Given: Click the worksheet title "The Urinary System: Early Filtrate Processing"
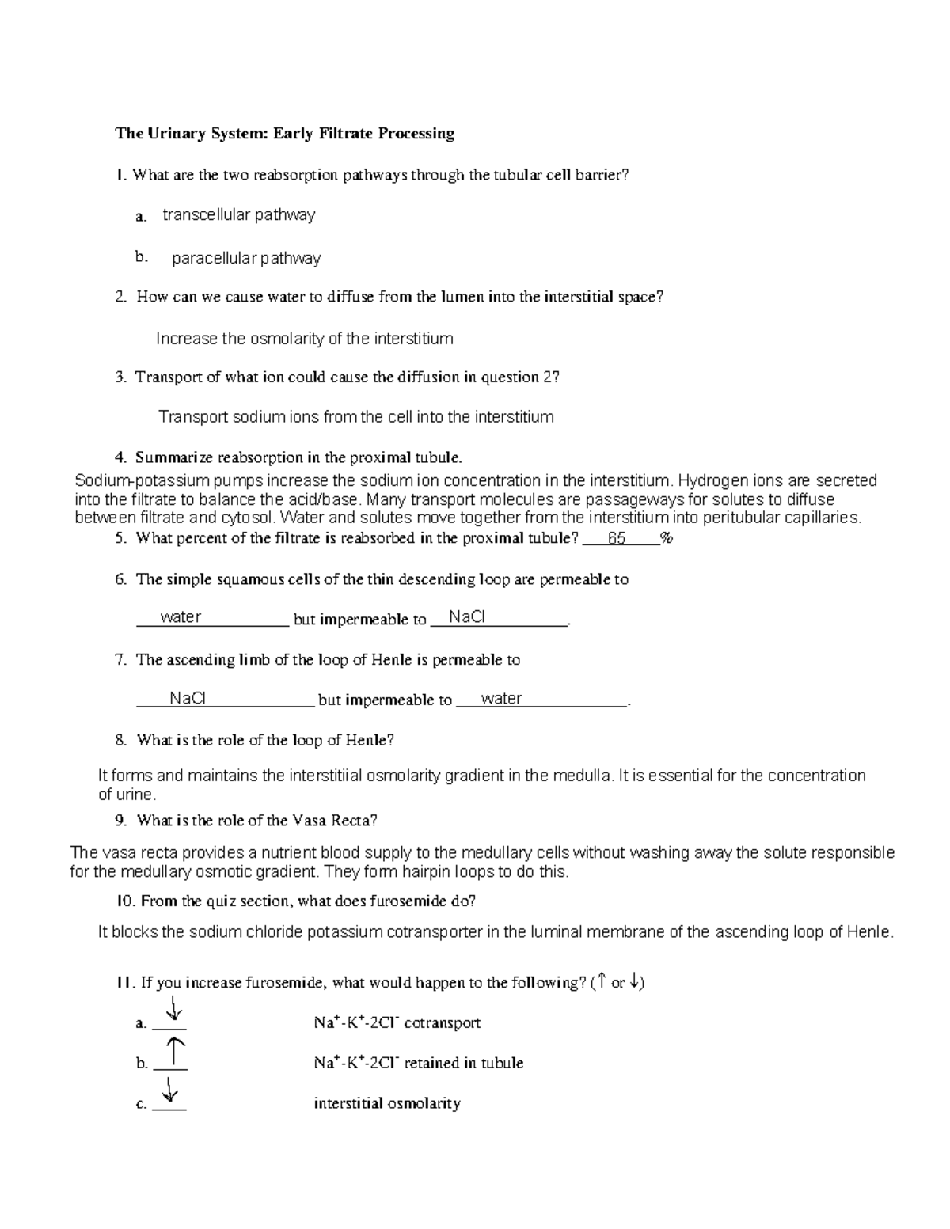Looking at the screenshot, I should point(285,133).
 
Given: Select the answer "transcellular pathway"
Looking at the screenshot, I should point(238,215).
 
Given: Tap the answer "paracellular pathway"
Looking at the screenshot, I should point(246,258).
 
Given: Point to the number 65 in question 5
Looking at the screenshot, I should point(616,539).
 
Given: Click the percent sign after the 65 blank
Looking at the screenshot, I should point(667,539).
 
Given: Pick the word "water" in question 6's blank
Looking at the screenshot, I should point(180,617).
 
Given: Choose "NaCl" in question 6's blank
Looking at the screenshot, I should point(466,617).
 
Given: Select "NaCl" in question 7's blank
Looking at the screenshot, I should point(188,699).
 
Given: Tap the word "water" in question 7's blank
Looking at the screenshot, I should point(501,699).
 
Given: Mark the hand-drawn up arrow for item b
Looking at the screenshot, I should point(176,1053).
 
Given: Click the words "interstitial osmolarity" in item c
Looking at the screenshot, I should point(387,1103).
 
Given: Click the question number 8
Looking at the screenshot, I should point(120,741).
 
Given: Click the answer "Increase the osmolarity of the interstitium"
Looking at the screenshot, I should point(305,339).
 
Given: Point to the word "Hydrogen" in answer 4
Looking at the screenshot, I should point(709,481).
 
